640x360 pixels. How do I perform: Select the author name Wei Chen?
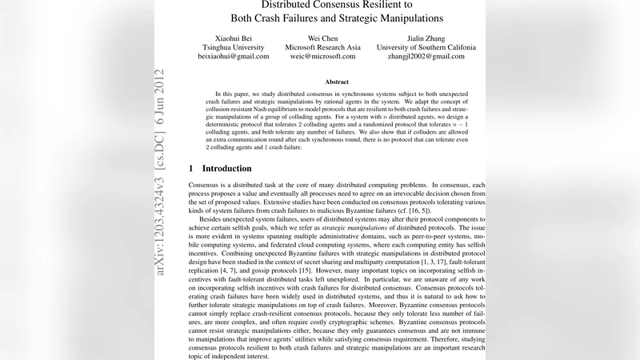tap(322, 38)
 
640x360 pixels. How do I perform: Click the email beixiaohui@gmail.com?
tap(234, 57)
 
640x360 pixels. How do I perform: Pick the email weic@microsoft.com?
tap(322, 57)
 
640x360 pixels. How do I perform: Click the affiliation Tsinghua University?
tap(234, 47)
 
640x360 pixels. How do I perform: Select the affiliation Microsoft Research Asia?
tap(322, 47)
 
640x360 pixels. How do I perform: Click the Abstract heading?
tap(337, 82)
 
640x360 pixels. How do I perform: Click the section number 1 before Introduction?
tap(191, 169)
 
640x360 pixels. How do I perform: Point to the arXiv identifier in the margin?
tap(160, 216)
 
